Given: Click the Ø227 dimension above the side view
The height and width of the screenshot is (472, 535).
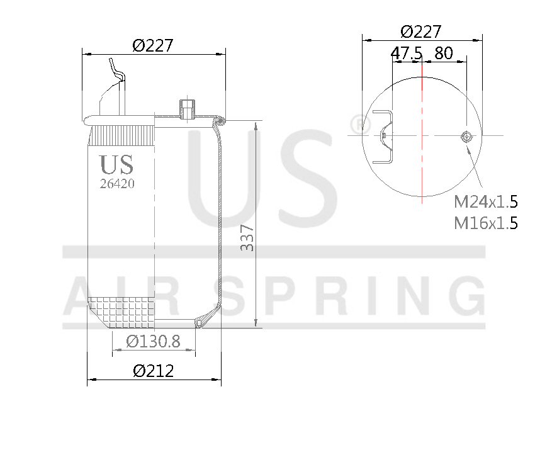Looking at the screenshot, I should click(x=153, y=45).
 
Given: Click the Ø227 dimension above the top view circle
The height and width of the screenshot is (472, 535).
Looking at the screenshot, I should click(x=421, y=31).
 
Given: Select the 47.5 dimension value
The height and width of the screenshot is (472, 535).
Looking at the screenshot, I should click(x=406, y=53).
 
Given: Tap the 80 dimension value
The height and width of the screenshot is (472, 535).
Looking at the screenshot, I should click(x=443, y=53).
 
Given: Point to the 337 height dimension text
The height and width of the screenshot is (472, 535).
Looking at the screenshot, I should click(x=248, y=237).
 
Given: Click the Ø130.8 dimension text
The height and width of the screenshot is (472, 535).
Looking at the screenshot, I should click(x=153, y=342).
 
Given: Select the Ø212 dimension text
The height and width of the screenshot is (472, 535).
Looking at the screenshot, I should click(x=153, y=371).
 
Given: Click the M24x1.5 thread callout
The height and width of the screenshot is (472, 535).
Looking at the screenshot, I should click(x=485, y=202).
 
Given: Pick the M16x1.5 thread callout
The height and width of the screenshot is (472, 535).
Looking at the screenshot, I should click(x=485, y=223).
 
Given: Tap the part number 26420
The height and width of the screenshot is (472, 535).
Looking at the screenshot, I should click(x=117, y=184).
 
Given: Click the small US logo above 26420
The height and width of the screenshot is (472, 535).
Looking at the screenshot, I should click(x=116, y=165).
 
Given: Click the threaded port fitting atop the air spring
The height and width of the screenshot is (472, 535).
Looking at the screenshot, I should click(x=187, y=108).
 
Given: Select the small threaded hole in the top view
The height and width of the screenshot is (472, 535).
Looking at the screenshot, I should click(x=466, y=136).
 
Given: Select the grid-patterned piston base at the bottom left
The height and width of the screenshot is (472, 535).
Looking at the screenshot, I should click(x=121, y=312).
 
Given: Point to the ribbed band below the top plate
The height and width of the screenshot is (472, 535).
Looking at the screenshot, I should click(x=121, y=135).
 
